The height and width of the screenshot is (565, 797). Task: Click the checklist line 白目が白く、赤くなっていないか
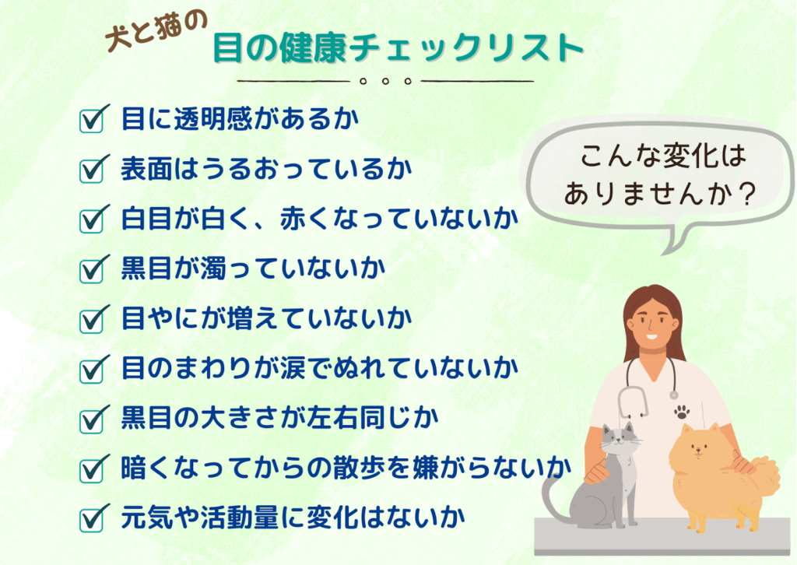[x=320, y=218]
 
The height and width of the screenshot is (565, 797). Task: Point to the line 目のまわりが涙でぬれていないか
[x=320, y=368]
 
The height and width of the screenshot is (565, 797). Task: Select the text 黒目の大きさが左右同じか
[x=280, y=418]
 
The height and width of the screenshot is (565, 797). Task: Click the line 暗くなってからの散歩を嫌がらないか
[x=346, y=468]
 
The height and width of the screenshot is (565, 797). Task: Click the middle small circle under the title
[x=385, y=81]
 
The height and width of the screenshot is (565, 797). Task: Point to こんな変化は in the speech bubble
[x=663, y=155]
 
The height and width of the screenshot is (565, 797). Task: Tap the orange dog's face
[x=698, y=448]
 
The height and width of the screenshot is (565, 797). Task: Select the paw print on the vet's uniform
[x=682, y=412]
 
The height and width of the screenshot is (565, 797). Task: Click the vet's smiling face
[x=653, y=325]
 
